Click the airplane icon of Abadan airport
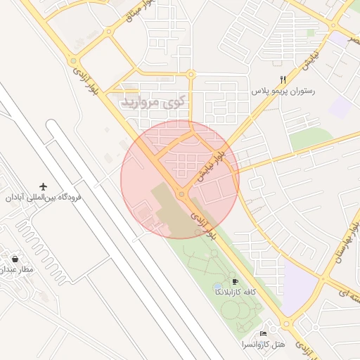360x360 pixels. [44, 187]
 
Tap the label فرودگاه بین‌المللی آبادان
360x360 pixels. [44, 198]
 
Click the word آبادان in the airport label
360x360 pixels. [20, 198]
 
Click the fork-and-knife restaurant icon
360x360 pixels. [283, 80]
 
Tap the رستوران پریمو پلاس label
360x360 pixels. [283, 91]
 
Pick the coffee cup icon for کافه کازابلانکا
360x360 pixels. [235, 281]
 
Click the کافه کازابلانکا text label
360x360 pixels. [235, 290]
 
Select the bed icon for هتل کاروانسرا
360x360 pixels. [263, 333]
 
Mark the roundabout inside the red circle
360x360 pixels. [181, 193]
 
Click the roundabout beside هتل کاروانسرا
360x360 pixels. [285, 325]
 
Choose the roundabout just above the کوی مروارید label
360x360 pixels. [191, 74]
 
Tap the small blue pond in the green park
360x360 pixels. [217, 288]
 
